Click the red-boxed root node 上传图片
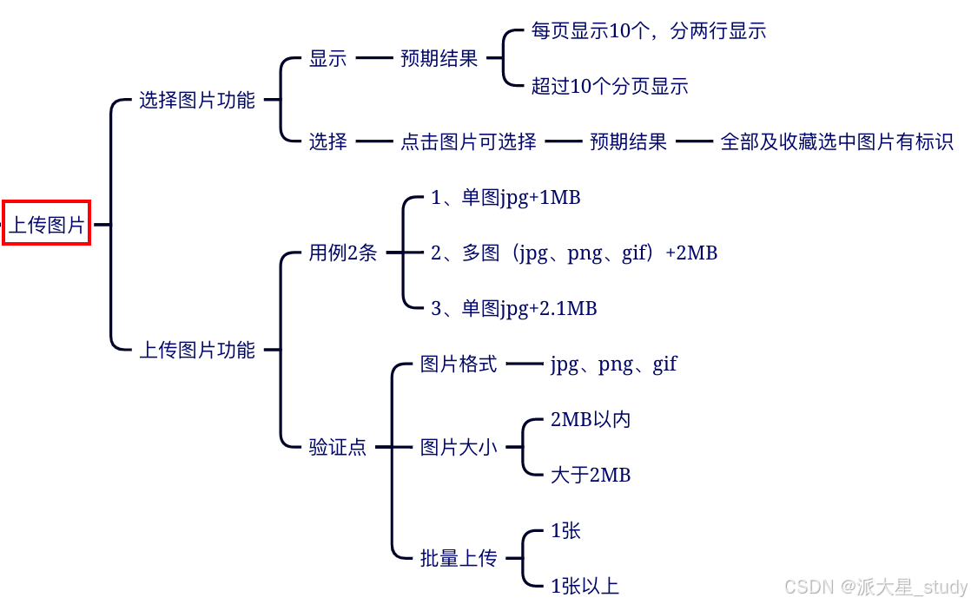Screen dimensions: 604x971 pos(47,224)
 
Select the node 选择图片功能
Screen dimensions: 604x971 pos(197,100)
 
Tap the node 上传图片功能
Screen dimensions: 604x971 pos(197,350)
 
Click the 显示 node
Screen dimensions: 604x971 pos(327,58)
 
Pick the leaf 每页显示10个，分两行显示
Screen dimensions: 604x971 pos(648,31)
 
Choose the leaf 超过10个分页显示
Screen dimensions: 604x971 pos(610,86)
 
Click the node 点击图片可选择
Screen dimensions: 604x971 pos(468,141)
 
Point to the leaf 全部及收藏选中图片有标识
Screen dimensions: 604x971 pos(837,141)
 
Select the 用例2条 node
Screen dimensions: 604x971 pos(343,253)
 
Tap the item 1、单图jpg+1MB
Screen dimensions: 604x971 pos(505,198)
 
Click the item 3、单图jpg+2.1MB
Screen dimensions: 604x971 pos(514,308)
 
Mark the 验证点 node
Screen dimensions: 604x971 pos(338,447)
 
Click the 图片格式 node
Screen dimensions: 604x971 pos(459,364)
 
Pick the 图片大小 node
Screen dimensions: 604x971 pos(459,447)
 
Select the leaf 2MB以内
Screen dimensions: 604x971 pos(591,420)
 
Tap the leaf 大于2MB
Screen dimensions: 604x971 pos(591,475)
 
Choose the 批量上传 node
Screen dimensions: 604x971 pos(459,558)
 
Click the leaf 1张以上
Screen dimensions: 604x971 pos(585,586)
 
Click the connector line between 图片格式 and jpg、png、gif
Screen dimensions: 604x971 pos(524,364)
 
